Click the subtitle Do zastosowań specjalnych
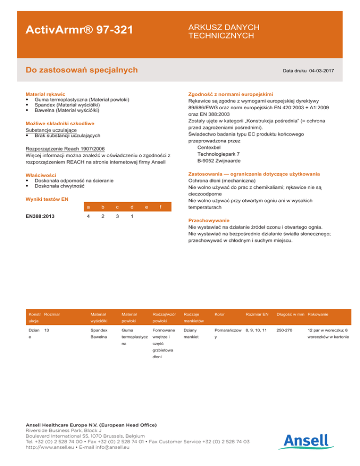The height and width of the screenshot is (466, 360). (x=82, y=70)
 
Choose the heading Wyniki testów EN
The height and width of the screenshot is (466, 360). (x=47, y=199)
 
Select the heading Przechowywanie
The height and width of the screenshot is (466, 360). (x=209, y=219)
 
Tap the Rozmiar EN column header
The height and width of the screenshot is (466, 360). (x=257, y=314)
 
